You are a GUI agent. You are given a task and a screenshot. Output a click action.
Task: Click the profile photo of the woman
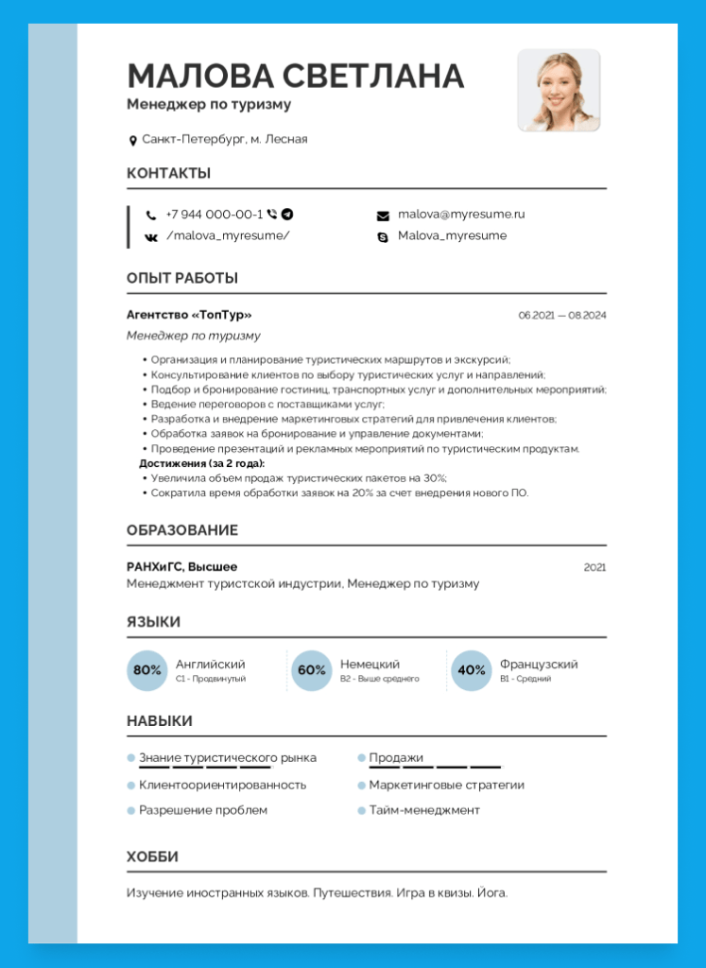point(559,90)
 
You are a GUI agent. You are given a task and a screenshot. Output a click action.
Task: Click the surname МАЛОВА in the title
point(199,77)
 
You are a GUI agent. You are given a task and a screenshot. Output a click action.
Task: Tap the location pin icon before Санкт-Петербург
point(133,141)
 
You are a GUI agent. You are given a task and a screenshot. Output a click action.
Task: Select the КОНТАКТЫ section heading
point(168,173)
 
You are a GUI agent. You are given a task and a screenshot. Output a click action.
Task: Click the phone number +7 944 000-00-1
point(214,215)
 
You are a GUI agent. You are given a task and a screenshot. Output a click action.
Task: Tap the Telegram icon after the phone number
point(287,215)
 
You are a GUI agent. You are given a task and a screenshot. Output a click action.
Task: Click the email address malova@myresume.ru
point(461,215)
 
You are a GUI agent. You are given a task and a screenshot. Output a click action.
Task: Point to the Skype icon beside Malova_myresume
point(383,236)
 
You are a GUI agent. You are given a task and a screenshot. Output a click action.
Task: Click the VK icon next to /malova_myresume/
point(151,236)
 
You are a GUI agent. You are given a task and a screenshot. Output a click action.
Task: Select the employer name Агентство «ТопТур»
point(189,315)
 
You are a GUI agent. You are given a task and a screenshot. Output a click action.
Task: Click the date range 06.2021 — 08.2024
point(561,315)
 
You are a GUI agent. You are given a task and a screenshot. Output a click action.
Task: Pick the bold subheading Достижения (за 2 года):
point(202,464)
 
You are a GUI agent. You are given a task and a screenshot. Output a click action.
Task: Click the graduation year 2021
point(594,567)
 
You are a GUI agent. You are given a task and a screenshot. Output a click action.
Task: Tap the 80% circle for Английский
point(147,670)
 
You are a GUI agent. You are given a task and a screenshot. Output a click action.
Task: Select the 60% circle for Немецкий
point(311,670)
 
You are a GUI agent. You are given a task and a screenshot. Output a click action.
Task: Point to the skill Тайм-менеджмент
point(424,810)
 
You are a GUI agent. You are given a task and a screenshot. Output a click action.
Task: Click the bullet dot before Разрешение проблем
point(131,810)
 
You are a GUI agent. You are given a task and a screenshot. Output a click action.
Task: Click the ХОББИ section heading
point(152,856)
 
